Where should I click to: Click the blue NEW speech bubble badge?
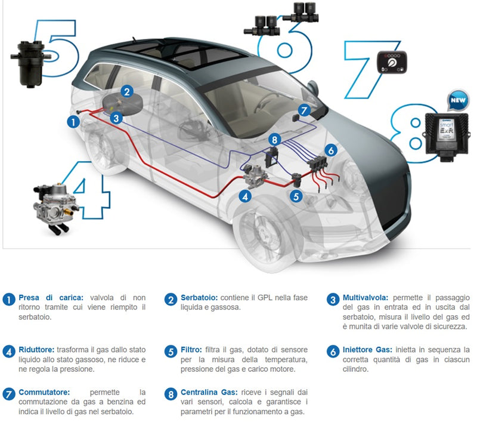[458, 100]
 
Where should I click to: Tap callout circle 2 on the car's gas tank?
[127, 91]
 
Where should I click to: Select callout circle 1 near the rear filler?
[73, 122]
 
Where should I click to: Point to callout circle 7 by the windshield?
[303, 110]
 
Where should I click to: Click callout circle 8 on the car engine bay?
[275, 140]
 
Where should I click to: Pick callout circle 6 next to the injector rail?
[331, 150]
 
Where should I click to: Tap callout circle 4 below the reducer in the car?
[245, 196]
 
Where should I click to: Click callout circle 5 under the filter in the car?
[296, 196]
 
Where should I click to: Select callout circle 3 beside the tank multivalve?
[116, 118]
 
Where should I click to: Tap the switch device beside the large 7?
[392, 63]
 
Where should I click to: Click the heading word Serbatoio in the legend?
[199, 297]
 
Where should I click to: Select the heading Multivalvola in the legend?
[366, 297]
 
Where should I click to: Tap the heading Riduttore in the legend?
[36, 350]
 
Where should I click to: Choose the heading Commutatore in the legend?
[44, 392]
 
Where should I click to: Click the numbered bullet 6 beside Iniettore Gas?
[333, 352]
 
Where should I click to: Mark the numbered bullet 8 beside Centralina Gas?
[171, 394]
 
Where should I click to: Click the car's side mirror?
[314, 88]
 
